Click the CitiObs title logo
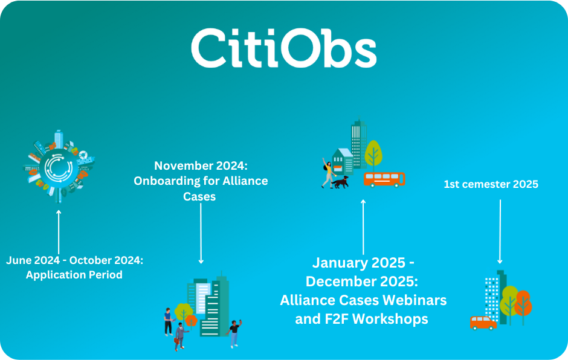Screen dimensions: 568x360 pyautogui.click(x=283, y=48)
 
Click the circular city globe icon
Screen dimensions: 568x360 pyautogui.click(x=59, y=167)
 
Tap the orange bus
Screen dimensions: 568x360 pyautogui.click(x=384, y=179)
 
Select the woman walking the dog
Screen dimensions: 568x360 pyautogui.click(x=328, y=173)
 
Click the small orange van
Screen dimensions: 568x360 pyautogui.click(x=483, y=323)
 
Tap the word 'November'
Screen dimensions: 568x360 pyautogui.click(x=178, y=166)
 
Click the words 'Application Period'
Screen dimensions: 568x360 pyautogui.click(x=74, y=275)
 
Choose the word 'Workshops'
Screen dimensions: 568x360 pyautogui.click(x=390, y=319)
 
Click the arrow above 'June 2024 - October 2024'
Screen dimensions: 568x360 pyautogui.click(x=59, y=232)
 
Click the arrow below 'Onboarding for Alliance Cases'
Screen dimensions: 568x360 pyautogui.click(x=201, y=234)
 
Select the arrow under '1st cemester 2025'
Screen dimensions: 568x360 pyautogui.click(x=500, y=231)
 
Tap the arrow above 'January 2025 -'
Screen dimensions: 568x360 pyautogui.click(x=363, y=227)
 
